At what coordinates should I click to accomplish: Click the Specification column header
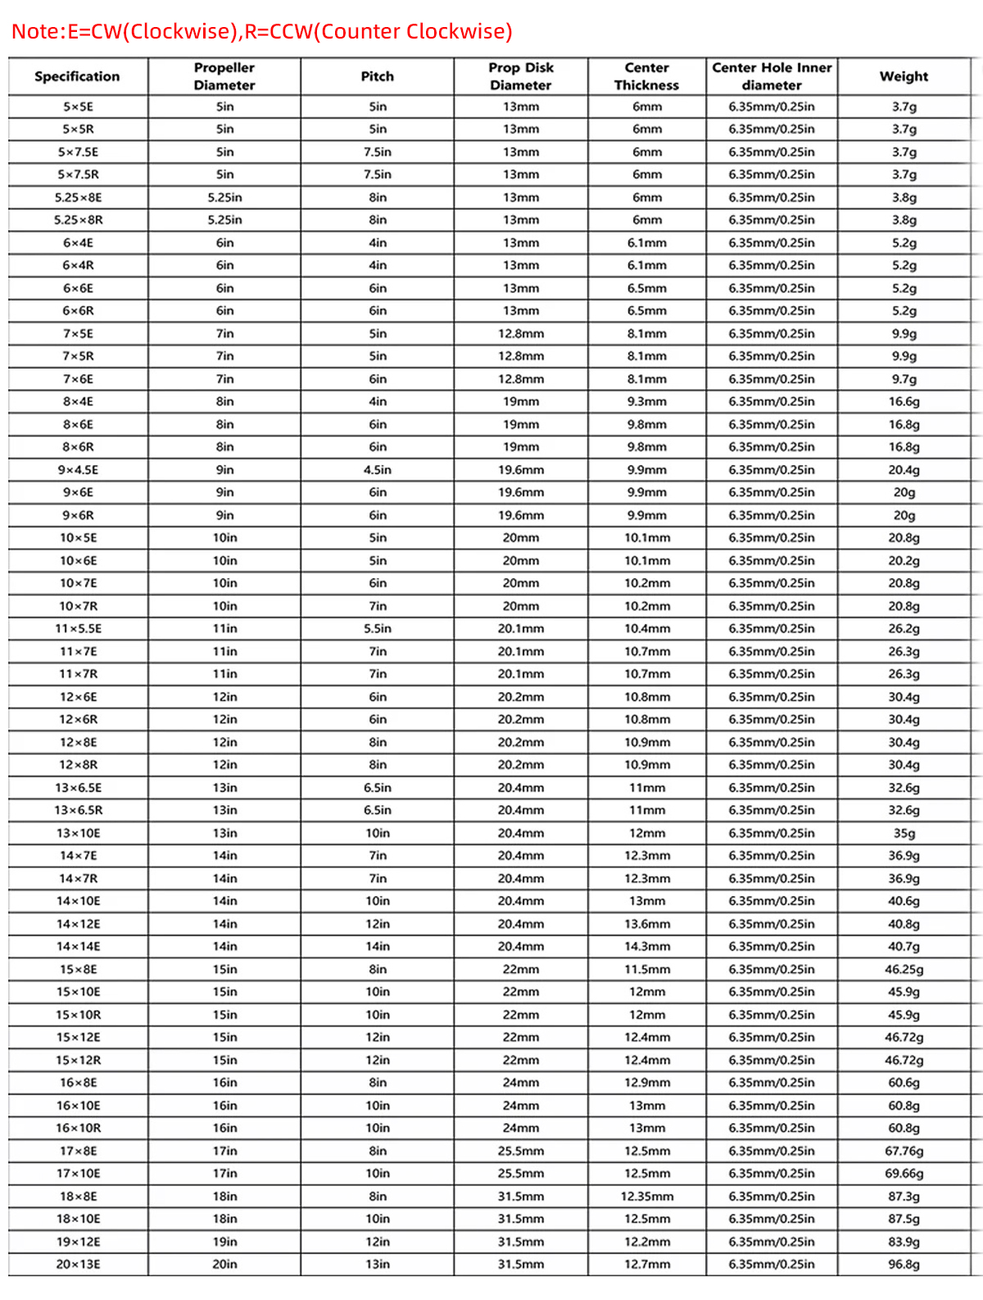click(x=77, y=76)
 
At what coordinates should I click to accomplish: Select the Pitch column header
click(x=378, y=76)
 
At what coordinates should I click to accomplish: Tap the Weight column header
click(x=904, y=76)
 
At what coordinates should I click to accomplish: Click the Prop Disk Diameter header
click(x=521, y=76)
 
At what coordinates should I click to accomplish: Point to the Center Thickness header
click(x=646, y=76)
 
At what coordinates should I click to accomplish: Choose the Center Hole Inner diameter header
click(x=772, y=76)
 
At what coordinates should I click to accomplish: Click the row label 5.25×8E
click(x=79, y=197)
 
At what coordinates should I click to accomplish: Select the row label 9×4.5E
click(x=79, y=469)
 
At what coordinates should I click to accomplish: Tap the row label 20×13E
click(x=79, y=1264)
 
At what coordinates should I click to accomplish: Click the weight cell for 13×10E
click(x=904, y=833)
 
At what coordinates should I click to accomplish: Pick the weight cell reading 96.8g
click(x=904, y=1264)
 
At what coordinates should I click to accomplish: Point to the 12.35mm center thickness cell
click(x=646, y=1196)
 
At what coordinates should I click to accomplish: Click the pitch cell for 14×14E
click(x=378, y=946)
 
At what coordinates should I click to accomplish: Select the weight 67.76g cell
click(x=904, y=1151)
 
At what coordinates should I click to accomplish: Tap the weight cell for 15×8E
click(x=904, y=969)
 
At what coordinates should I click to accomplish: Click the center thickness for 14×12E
click(x=646, y=924)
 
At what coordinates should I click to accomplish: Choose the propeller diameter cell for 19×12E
click(x=224, y=1242)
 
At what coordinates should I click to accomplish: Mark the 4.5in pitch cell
click(x=378, y=469)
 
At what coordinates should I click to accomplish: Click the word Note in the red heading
click(x=34, y=31)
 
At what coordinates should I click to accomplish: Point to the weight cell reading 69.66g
click(x=904, y=1173)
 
